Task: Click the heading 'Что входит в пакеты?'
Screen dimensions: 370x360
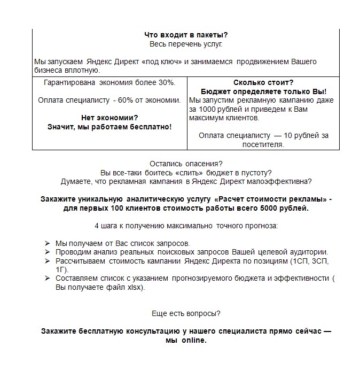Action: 185,35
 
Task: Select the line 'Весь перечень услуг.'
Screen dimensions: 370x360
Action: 185,44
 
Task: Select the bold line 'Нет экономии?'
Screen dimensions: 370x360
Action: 109,118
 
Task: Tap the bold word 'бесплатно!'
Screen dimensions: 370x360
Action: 153,127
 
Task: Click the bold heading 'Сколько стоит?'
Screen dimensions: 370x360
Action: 263,83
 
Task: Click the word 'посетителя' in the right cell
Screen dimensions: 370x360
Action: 263,144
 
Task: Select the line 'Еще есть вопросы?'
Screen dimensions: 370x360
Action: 185,313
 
